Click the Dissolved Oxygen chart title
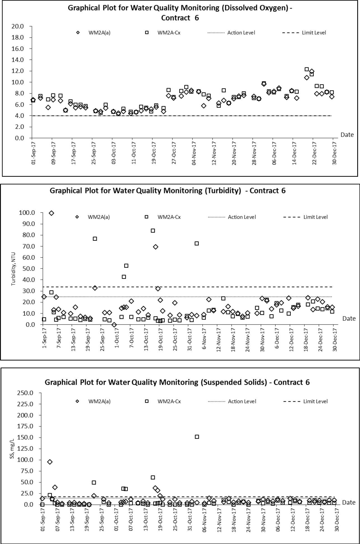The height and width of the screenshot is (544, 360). (x=180, y=13)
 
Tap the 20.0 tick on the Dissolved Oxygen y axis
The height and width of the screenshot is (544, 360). (x=18, y=26)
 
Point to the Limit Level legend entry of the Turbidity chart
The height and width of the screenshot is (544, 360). (x=305, y=217)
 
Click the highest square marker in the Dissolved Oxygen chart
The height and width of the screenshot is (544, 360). (x=307, y=69)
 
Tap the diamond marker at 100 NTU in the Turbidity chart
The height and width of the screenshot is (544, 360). (x=51, y=213)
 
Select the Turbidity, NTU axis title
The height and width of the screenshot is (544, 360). (x=13, y=269)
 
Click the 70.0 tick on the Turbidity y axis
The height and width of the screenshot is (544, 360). (x=27, y=246)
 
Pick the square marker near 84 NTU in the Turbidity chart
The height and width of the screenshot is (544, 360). (x=153, y=231)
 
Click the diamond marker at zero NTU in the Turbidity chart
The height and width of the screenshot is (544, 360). (x=114, y=325)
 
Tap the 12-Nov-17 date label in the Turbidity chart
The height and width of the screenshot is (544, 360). (x=219, y=340)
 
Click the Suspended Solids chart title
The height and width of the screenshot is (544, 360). (x=177, y=382)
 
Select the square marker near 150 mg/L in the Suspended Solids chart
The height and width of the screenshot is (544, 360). (x=197, y=437)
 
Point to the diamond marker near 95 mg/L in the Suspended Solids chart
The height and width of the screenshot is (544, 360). (x=50, y=462)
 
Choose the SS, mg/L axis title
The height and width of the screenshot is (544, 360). (x=12, y=448)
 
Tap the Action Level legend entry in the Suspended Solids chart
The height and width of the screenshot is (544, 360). (x=232, y=401)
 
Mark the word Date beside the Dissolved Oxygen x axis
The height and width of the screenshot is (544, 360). (x=347, y=135)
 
